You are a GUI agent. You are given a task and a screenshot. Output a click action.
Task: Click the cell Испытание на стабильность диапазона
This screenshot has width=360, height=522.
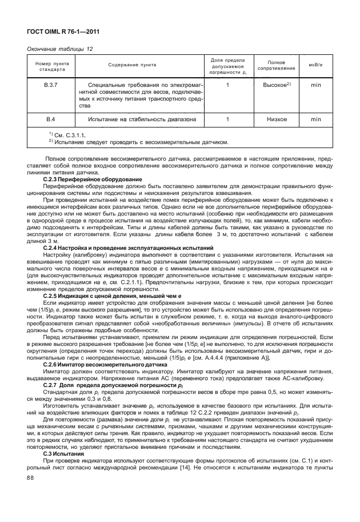tap(143, 119)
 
